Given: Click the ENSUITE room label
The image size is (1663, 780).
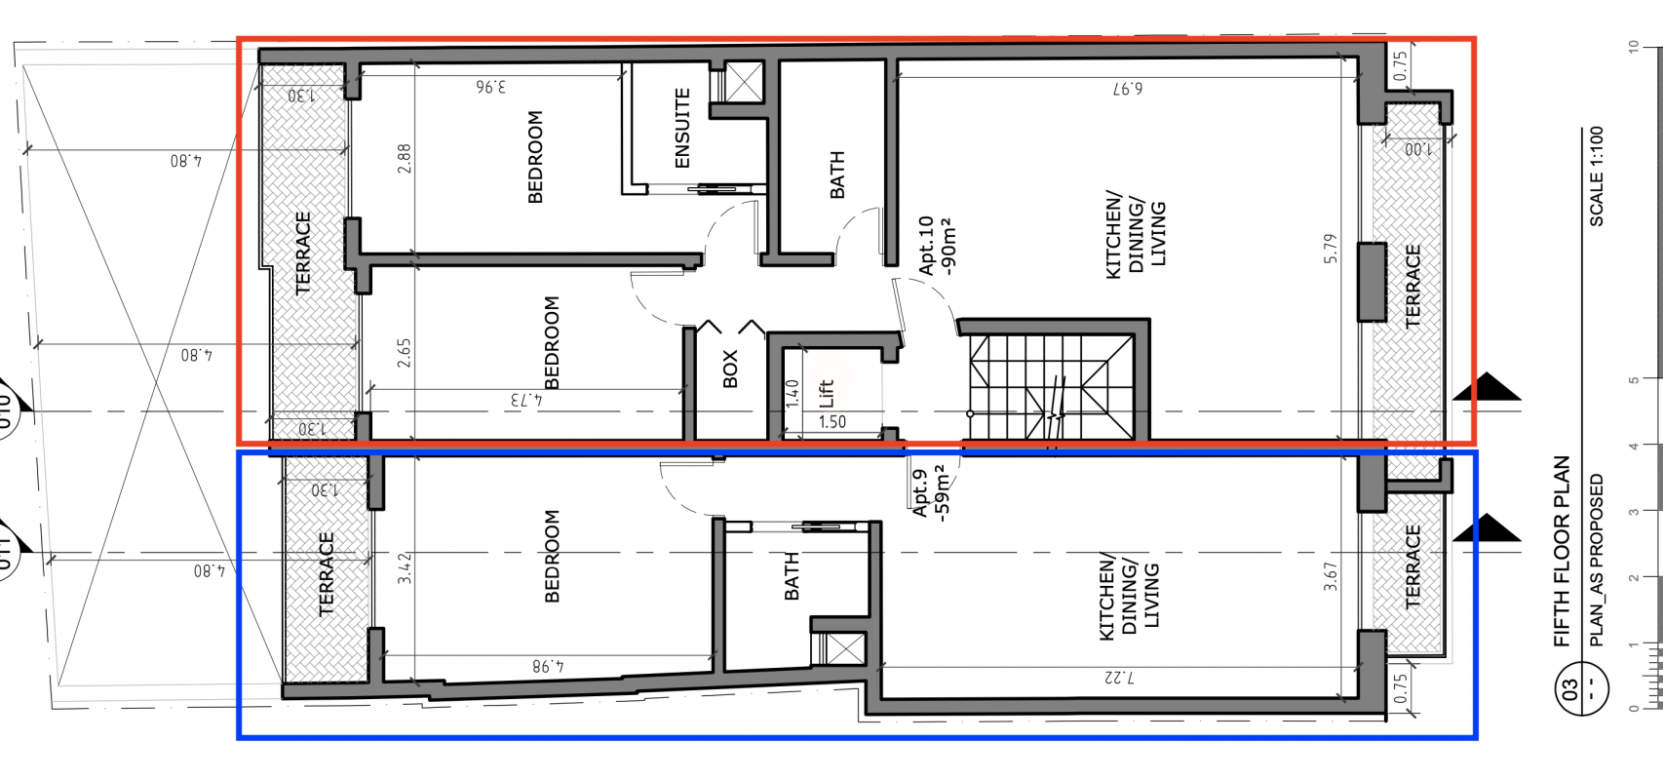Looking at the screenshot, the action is pos(682,128).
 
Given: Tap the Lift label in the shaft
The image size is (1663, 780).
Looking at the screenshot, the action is pos(827,394).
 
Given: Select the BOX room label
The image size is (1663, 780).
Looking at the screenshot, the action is pos(730,369).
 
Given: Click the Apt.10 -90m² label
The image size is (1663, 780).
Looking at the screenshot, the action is pos(936,246).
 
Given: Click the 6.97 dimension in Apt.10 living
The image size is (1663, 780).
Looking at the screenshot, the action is pos(1127,89).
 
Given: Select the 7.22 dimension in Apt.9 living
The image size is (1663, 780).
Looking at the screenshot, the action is pos(1120,678).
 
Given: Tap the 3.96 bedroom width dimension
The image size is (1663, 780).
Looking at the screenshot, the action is pos(490,86).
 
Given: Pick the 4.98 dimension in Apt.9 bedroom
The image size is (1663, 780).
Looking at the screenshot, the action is pos(548,666).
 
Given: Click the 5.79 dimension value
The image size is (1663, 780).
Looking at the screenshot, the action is pos(1330,249).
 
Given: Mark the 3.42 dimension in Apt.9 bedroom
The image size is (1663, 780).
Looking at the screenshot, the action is pos(404,567).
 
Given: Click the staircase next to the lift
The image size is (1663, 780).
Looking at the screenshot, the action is pos(1051,385).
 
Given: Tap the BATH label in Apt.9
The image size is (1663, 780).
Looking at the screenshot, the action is pos(793,576).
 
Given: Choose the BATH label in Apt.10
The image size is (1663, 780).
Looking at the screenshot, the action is pos(837,175).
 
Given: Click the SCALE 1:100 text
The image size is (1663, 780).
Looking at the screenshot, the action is pos(1596,176).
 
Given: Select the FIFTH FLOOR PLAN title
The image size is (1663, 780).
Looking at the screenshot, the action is pos(1562,551).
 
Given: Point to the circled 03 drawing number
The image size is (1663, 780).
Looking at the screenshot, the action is pos(1581,690).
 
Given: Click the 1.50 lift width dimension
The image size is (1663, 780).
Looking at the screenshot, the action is pos(832,422).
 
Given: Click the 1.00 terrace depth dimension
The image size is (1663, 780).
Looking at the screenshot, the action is pos(1418,149).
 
